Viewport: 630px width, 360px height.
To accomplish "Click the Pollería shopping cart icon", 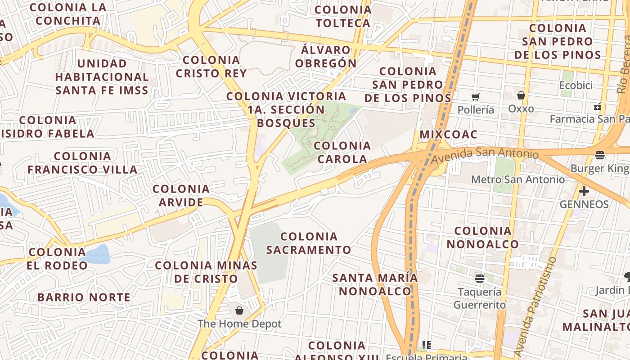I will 476,97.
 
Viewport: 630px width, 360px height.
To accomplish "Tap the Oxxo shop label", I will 521,108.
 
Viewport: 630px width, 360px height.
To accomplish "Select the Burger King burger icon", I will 599,156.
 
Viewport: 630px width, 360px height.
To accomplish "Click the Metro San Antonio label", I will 517,180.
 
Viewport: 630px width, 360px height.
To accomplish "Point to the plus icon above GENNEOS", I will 584,192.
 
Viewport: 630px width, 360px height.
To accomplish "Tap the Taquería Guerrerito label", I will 479,298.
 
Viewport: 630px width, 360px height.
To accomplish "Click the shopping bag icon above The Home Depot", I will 239,310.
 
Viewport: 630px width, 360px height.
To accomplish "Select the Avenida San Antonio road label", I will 485,155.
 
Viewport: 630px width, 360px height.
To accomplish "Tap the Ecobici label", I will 576,85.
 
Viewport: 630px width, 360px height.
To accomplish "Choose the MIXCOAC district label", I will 448,135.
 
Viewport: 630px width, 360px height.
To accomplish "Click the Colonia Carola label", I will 342,152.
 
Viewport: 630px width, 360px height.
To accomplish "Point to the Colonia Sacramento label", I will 309,243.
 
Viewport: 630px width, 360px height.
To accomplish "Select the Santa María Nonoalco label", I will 375,284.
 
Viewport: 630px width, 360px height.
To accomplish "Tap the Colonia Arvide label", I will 181,195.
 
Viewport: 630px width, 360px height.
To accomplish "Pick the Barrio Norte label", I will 84,297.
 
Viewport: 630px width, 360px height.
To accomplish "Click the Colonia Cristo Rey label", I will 211,67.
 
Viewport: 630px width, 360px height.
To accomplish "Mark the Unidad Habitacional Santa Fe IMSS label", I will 102,76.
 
